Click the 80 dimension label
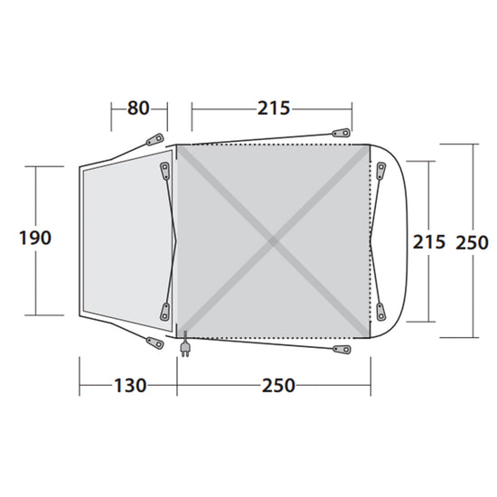pyautogui.click(x=138, y=108)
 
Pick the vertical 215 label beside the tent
pyautogui.click(x=429, y=242)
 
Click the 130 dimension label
pyautogui.click(x=129, y=386)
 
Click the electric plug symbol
pyautogui.click(x=185, y=348)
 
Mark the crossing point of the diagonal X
pyautogui.click(x=273, y=241)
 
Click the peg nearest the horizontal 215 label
pyautogui.click(x=341, y=133)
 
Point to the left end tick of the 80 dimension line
pyautogui.click(x=111, y=109)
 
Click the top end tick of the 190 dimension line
pyautogui.click(x=36, y=165)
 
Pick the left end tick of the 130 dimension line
pyautogui.click(x=80, y=386)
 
